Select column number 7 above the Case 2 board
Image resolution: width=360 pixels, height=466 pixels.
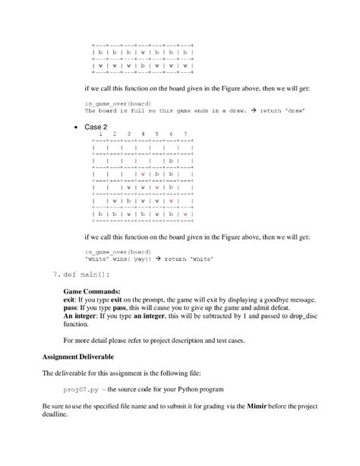pyautogui.click(x=185, y=134)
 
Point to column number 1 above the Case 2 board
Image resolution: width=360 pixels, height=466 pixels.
pyautogui.click(x=100, y=134)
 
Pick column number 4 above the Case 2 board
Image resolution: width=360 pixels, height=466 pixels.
pyautogui.click(x=143, y=134)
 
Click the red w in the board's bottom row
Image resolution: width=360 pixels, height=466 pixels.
pyautogui.click(x=185, y=214)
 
